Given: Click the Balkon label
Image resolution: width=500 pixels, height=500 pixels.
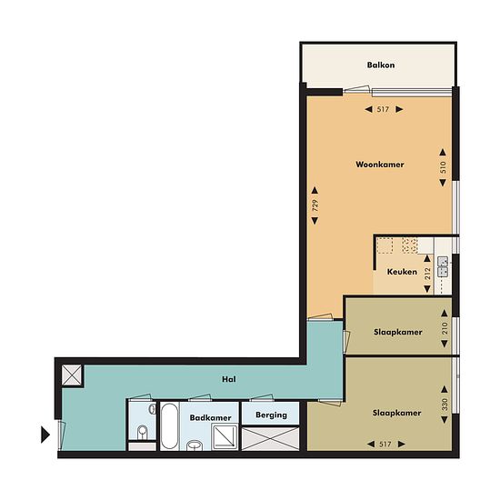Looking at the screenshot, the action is click(381, 65).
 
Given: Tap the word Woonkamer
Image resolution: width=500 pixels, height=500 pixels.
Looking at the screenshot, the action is click(380, 165).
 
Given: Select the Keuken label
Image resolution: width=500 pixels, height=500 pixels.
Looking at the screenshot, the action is click(402, 272).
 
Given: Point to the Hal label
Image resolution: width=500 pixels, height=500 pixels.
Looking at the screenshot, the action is click(229, 379).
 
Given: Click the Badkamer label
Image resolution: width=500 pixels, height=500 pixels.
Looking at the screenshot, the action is click(211, 418).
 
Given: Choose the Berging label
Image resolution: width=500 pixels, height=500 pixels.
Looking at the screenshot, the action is click(271, 415).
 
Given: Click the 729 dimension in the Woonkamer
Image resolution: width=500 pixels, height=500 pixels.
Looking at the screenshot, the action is click(315, 205).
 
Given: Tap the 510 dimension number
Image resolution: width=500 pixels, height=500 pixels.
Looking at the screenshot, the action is click(443, 167).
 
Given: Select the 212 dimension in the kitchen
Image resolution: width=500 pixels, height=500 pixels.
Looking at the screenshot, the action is click(427, 274).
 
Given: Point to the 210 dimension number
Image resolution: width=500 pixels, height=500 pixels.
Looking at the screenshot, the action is click(445, 328).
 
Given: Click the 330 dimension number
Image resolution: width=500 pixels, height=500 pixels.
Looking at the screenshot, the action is click(445, 405).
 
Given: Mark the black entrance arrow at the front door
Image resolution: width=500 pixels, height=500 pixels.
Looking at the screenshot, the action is click(45, 435).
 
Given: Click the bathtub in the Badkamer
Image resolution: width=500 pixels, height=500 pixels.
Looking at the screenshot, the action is click(169, 426).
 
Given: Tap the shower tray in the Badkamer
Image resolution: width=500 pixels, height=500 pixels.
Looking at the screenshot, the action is click(225, 437).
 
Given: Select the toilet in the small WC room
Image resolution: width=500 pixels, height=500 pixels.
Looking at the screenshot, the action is click(143, 432).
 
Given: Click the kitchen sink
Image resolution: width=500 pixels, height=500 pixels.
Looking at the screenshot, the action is click(443, 266).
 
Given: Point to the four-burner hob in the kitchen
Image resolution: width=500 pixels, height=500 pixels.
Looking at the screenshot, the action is click(409, 245).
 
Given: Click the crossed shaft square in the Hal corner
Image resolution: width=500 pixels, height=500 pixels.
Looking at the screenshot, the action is click(72, 375).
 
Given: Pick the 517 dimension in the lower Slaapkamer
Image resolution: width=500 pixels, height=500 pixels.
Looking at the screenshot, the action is click(385, 445).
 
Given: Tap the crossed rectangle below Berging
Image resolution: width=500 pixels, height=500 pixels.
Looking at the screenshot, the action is click(270, 439).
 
